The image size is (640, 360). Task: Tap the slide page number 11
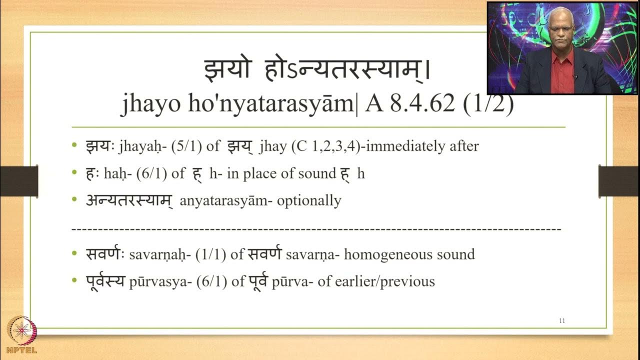coord(561,320)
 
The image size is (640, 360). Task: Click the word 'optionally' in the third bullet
coord(308,200)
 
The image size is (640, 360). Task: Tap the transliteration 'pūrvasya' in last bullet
coord(150,281)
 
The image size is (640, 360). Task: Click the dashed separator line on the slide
coord(316,229)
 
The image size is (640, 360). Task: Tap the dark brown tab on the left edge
coord(19,181)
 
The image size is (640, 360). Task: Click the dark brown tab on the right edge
coord(619,181)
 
